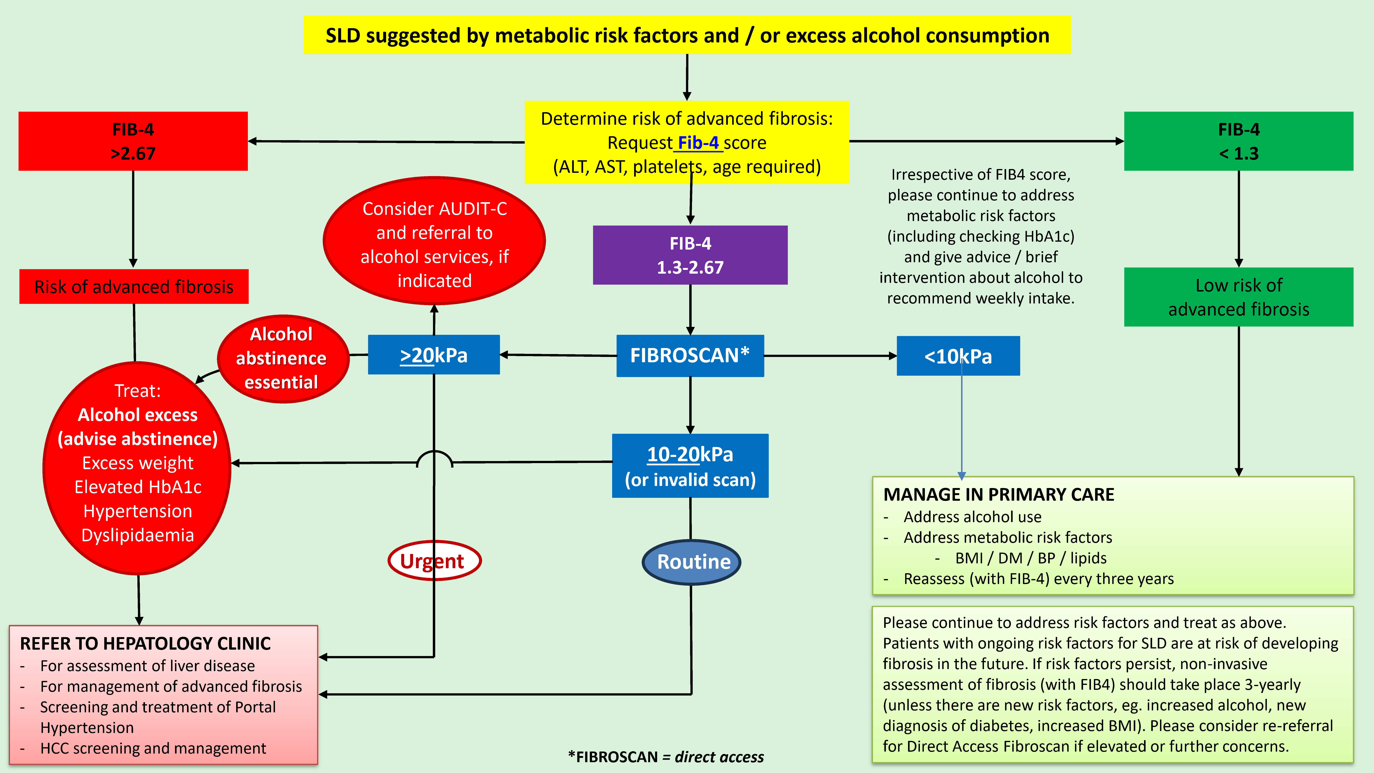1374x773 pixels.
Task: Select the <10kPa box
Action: click(x=958, y=356)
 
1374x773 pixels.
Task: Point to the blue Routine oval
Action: click(x=692, y=562)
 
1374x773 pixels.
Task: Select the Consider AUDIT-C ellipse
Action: click(x=434, y=241)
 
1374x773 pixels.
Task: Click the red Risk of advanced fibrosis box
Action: click(x=134, y=287)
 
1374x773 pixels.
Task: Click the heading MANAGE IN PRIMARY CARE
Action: click(x=999, y=495)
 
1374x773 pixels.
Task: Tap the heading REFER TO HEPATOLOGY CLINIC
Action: click(x=145, y=643)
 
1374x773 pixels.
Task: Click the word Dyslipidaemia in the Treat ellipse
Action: click(x=138, y=535)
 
